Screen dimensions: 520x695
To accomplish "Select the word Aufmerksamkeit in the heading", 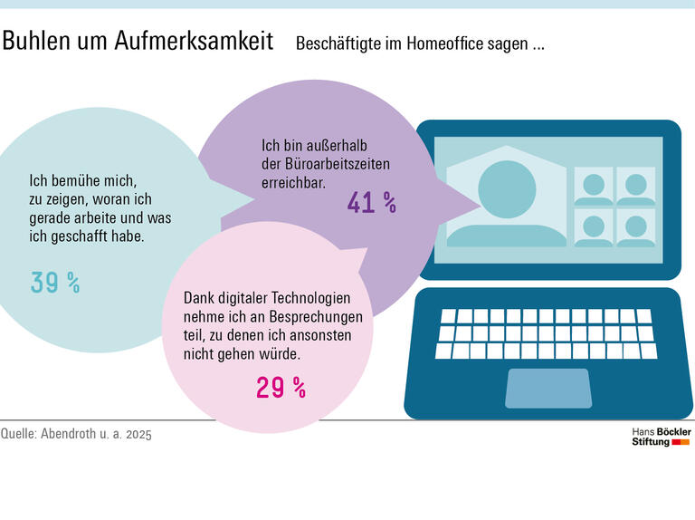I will coord(194,42).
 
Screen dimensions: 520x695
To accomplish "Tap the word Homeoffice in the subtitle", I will coord(460,43).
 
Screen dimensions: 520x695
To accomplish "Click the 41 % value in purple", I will coord(372,203).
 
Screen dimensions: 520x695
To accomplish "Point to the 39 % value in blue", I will coord(55,283).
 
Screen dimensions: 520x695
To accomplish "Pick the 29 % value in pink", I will coord(281,389).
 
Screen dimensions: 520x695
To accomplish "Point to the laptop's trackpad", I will coord(547,388).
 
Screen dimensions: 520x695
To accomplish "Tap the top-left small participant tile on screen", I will coord(595,186).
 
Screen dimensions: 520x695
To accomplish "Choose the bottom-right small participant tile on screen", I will coord(635,226).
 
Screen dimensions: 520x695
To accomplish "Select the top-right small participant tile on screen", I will coord(635,186).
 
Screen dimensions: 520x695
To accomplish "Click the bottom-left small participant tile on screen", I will coord(595,226).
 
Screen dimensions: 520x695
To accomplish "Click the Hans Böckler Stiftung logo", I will coord(661,437).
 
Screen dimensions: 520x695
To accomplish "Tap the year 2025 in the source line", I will coord(138,435).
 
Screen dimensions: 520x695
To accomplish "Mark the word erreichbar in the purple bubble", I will coord(293,182).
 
